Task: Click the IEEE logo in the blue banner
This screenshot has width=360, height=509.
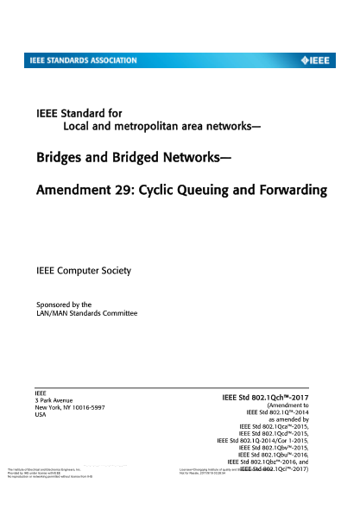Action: click(x=319, y=60)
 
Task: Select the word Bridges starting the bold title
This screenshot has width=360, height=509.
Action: click(x=64, y=159)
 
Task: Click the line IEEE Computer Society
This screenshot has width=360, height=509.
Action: click(x=83, y=271)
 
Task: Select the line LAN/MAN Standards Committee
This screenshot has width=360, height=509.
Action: click(x=85, y=313)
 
